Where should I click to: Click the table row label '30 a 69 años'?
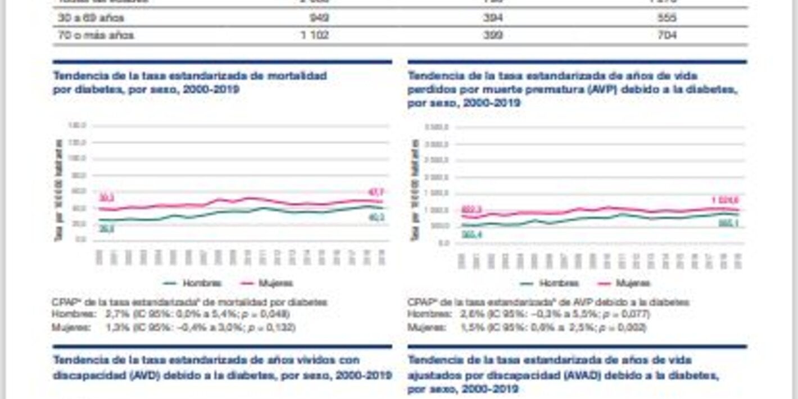coord(90,18)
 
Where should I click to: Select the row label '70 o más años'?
coord(96,35)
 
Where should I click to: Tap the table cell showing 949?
coord(319,18)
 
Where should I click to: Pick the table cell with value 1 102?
coord(315,35)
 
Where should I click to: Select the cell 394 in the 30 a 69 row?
coord(492,18)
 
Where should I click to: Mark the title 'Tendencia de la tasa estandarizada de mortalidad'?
coord(189,75)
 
